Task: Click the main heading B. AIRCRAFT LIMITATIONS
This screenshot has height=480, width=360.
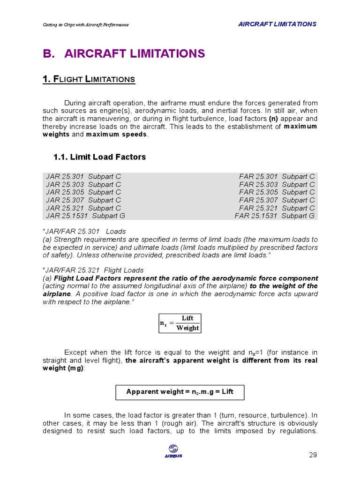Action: click(x=124, y=53)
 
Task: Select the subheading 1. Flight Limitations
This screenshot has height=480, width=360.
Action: click(x=89, y=79)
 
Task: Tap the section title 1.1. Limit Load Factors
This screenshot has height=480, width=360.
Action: click(x=99, y=157)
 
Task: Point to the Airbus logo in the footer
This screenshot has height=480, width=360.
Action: click(x=173, y=451)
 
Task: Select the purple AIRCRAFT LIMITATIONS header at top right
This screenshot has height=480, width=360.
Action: click(x=277, y=24)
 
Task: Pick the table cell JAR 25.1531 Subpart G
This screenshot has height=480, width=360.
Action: click(x=85, y=216)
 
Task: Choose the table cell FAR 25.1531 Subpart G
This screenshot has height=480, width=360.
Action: click(x=275, y=216)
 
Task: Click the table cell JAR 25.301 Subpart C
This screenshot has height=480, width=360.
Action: click(x=83, y=176)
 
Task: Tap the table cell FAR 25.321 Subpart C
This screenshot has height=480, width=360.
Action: click(x=277, y=208)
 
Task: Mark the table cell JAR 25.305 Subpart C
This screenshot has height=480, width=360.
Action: click(x=83, y=192)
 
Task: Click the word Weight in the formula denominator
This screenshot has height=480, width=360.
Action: click(x=187, y=328)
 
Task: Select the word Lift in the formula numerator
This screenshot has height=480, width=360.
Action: click(x=187, y=318)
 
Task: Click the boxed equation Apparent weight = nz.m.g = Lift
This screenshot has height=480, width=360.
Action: click(x=180, y=392)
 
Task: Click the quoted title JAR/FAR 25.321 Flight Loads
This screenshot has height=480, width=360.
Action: click(x=93, y=270)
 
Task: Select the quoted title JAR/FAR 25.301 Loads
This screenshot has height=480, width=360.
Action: click(x=84, y=231)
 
